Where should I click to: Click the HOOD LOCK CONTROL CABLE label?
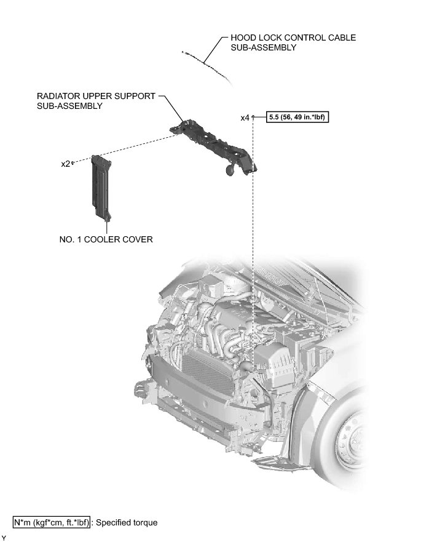[x=293, y=38]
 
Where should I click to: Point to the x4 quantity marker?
[x=245, y=118]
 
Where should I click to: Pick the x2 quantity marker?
[x=65, y=164]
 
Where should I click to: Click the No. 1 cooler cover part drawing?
[x=101, y=188]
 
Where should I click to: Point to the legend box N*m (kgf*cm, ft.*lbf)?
[x=52, y=523]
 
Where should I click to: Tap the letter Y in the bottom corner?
[x=4, y=538]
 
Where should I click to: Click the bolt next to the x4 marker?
[x=253, y=116]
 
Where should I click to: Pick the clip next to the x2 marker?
[x=74, y=162]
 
